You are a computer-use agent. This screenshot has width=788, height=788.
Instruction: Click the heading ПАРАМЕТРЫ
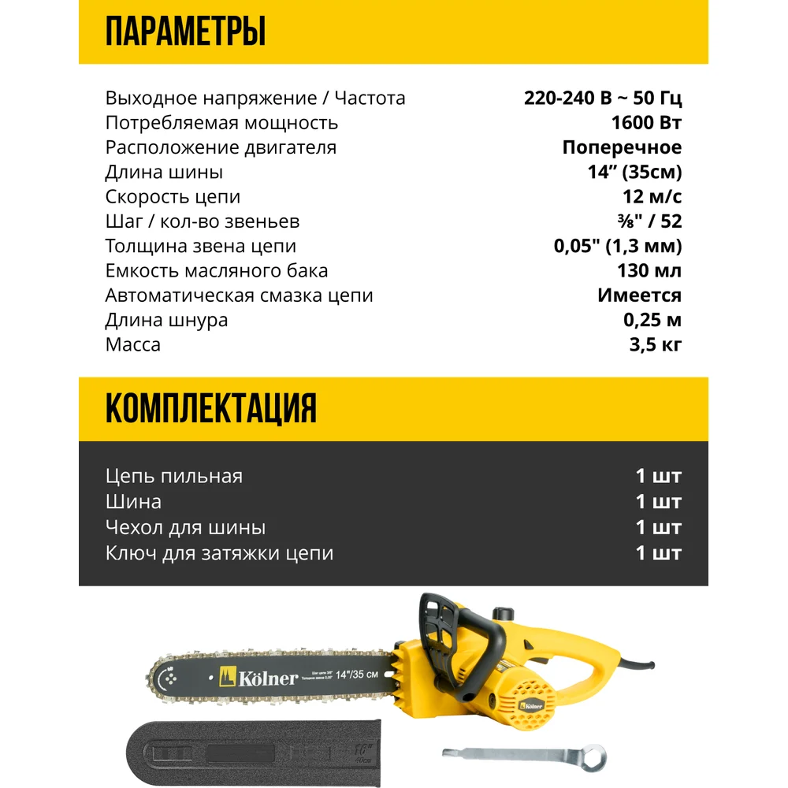[185, 33]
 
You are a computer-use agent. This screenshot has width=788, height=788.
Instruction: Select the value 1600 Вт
[646, 123]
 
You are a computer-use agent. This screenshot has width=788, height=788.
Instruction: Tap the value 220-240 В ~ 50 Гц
[603, 98]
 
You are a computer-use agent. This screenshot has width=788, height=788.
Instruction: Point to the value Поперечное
[622, 147]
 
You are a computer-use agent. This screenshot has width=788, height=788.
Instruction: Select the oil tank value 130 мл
[649, 271]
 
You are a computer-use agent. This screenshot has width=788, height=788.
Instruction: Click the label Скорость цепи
[173, 197]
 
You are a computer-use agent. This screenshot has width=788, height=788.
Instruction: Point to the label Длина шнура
[166, 320]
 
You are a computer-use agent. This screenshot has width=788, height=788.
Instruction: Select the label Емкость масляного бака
[217, 271]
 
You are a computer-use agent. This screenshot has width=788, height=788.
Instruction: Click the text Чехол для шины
[185, 527]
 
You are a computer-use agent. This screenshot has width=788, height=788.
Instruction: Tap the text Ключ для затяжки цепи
[219, 553]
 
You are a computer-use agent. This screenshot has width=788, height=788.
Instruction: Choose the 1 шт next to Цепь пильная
[658, 476]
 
